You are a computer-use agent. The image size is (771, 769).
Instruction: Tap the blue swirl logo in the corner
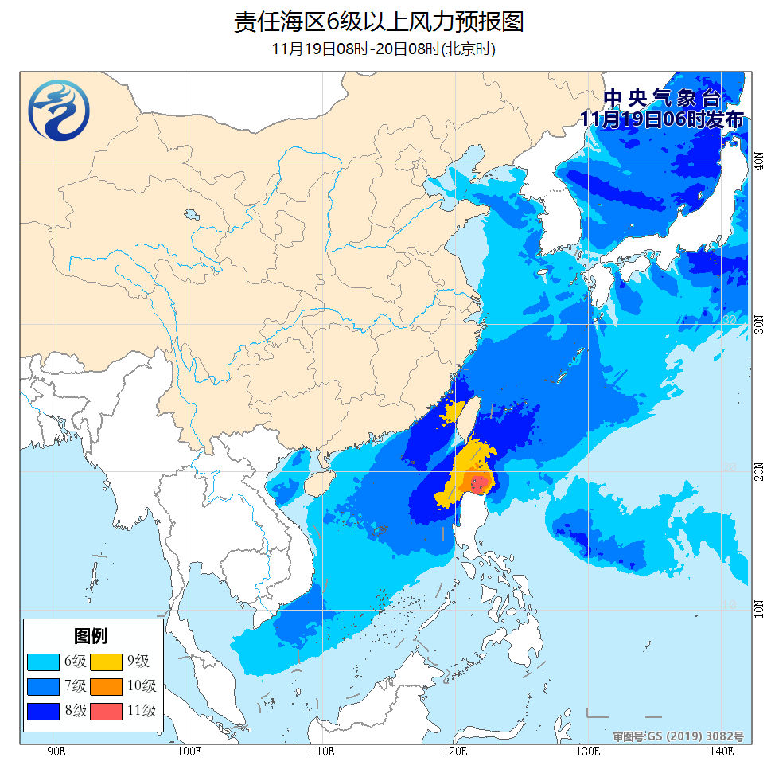(58, 111)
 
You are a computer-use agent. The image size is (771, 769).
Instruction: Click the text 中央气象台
(662, 99)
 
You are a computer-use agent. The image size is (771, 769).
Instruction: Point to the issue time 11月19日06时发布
(662, 119)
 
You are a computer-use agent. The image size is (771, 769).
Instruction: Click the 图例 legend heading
(91, 635)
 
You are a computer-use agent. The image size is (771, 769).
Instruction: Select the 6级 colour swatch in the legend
(42, 661)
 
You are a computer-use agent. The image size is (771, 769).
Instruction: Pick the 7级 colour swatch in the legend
(42, 685)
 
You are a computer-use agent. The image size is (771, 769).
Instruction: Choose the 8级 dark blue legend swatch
(42, 710)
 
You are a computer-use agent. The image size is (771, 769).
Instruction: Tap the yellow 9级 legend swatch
(106, 661)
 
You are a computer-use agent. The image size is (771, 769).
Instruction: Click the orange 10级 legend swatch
(106, 685)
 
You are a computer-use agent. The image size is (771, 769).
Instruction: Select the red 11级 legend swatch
(106, 710)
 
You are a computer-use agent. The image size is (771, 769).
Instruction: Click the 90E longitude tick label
(56, 751)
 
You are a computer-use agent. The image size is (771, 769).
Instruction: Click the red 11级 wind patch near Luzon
(479, 482)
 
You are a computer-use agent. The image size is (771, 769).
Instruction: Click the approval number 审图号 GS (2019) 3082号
(678, 736)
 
